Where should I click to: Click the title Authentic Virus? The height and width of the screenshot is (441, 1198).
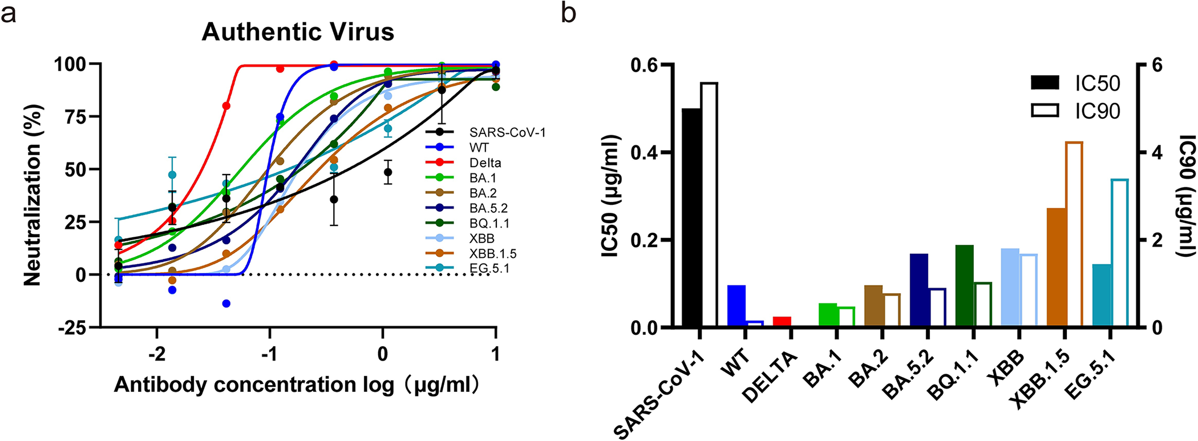[298, 32]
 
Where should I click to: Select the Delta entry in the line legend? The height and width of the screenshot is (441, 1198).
[485, 163]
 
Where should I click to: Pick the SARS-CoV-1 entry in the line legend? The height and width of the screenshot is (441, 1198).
[507, 132]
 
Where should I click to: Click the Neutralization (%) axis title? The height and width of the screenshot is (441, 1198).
[33, 195]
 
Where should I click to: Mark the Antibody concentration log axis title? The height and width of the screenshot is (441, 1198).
[296, 386]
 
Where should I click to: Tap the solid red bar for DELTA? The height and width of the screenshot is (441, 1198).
[782, 322]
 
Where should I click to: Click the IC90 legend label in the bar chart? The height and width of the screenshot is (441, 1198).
[1098, 111]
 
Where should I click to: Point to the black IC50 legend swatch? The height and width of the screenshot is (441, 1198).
[1045, 83]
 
